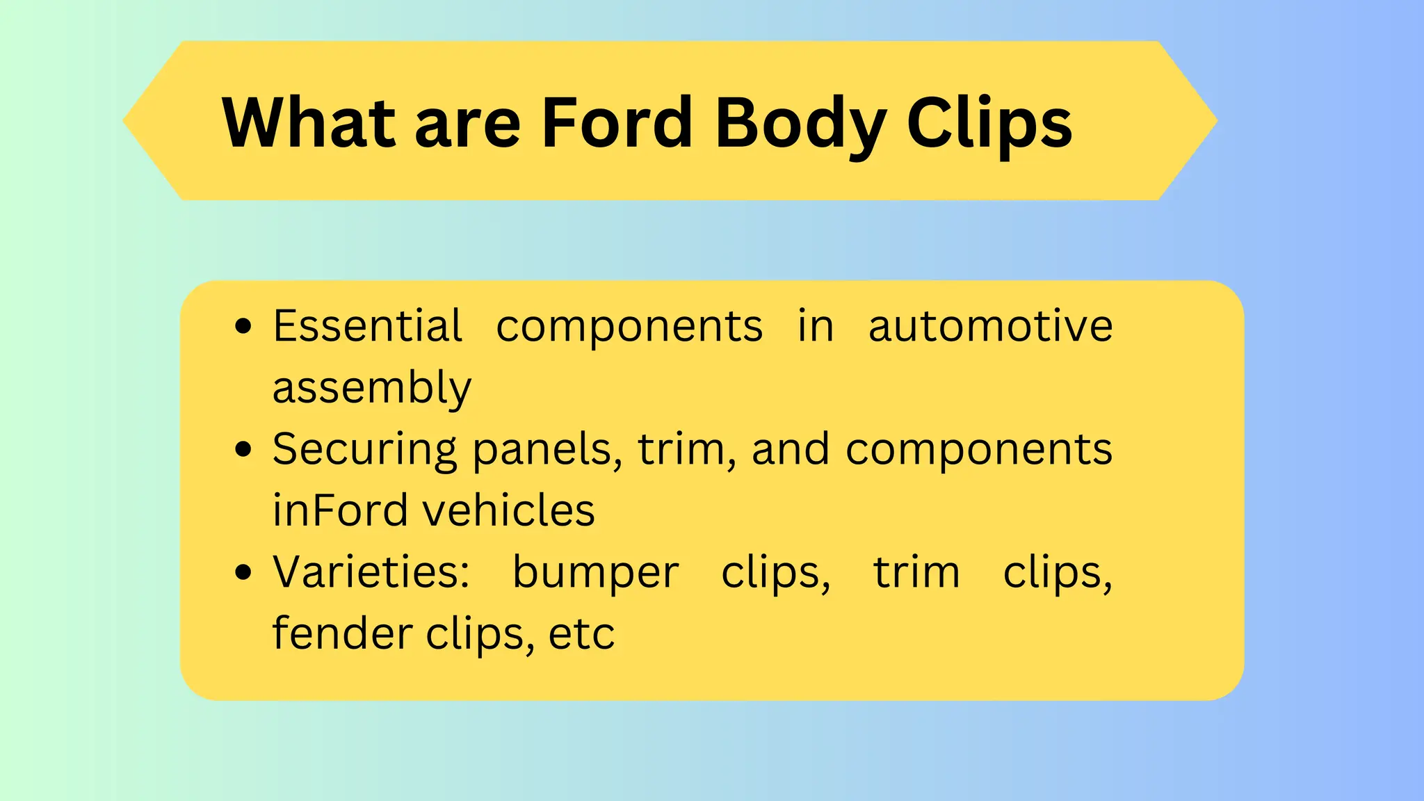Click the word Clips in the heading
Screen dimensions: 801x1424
coord(989,124)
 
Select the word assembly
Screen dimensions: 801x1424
coord(371,388)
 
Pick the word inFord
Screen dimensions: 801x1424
coord(339,510)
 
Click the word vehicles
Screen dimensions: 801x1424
coord(509,510)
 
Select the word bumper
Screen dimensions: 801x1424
coord(595,574)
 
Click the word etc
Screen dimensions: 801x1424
coord(581,635)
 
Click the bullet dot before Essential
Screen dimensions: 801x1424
coord(243,326)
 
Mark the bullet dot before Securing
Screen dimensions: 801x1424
coord(243,449)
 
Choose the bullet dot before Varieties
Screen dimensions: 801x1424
coord(243,573)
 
